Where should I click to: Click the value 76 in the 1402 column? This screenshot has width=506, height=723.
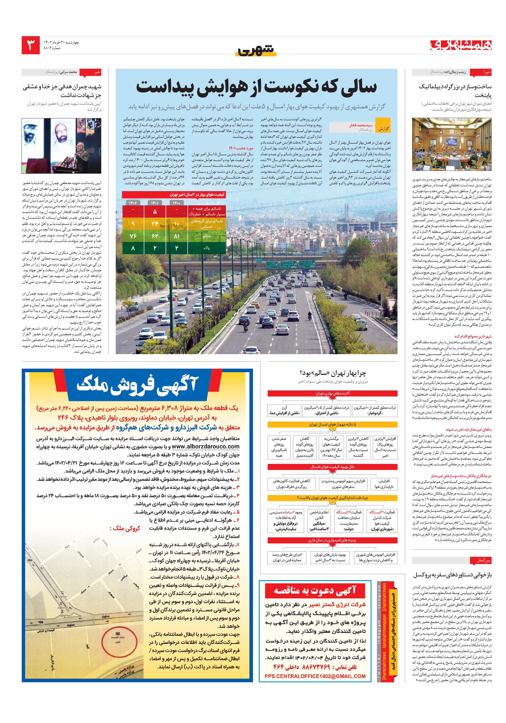133,236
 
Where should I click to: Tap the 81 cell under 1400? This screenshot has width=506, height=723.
177,236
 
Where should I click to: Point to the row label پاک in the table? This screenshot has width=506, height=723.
207,248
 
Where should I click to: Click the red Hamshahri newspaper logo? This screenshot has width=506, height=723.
461,45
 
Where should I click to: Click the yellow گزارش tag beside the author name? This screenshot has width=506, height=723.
383,129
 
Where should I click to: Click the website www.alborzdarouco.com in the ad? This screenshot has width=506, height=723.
206,446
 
